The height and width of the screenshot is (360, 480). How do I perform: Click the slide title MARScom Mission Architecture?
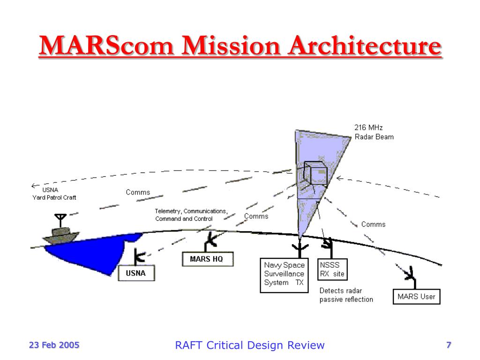pos(240,47)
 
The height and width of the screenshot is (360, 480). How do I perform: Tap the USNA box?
pos(135,273)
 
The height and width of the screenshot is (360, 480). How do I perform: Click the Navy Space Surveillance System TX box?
pos(284,275)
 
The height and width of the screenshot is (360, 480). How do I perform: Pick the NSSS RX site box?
pos(332,270)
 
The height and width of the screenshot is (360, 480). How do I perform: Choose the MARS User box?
pos(416,297)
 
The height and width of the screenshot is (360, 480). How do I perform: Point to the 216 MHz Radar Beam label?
pos(374,132)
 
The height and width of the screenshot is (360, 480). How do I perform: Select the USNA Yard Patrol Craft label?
pos(54,194)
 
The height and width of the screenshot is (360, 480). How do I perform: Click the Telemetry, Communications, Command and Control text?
pos(191,215)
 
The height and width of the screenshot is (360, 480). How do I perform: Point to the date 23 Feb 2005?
pos(54,345)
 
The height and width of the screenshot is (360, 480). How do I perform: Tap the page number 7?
pos(448,345)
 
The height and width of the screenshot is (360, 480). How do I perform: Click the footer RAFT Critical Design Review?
pos(249,345)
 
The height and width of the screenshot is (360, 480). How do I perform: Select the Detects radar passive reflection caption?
pos(346,295)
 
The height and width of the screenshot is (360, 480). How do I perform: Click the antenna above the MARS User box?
pos(410,274)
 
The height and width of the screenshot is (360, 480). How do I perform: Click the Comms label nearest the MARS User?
pos(373,225)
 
